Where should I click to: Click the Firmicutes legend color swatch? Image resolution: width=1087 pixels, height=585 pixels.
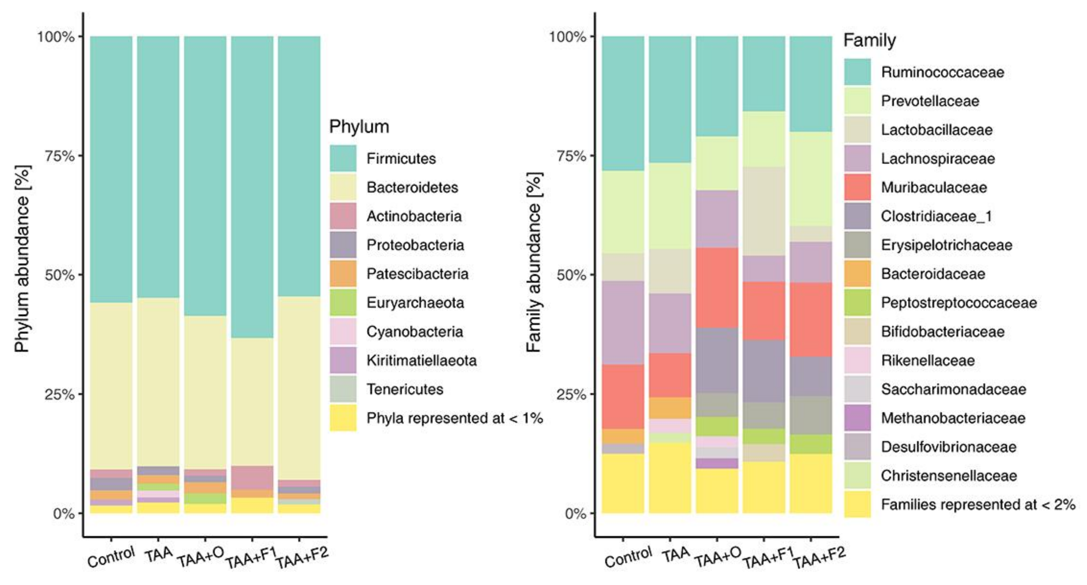point(343,158)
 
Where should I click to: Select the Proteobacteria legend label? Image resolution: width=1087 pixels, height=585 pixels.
point(415,245)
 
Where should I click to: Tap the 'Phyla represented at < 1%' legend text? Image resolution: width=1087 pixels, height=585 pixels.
point(454,418)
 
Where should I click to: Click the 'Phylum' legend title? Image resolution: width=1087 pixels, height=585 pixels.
point(359,127)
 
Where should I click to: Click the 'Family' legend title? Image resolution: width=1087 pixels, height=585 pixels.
point(869,41)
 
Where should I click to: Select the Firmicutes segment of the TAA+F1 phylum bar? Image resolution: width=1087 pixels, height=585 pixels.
point(252,186)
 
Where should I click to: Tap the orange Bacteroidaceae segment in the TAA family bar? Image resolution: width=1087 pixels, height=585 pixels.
point(670,408)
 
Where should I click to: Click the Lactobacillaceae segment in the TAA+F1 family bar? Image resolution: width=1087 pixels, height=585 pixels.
point(764,211)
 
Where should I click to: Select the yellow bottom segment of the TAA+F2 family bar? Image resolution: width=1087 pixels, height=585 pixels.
point(810,484)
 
